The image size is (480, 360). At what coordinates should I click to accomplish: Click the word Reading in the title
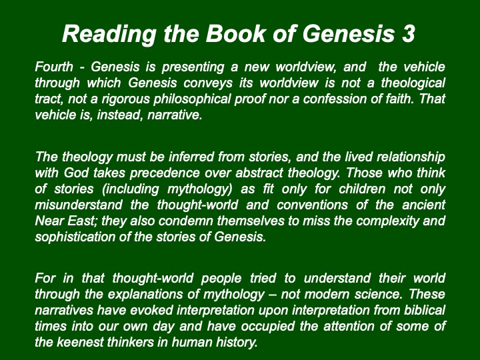[109, 35]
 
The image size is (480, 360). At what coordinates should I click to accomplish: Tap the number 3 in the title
[409, 33]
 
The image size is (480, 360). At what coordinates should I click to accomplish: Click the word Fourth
[54, 67]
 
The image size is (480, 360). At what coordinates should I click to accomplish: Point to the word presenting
[193, 67]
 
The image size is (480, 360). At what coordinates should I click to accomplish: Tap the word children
[362, 189]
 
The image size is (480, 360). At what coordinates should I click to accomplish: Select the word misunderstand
[79, 205]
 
